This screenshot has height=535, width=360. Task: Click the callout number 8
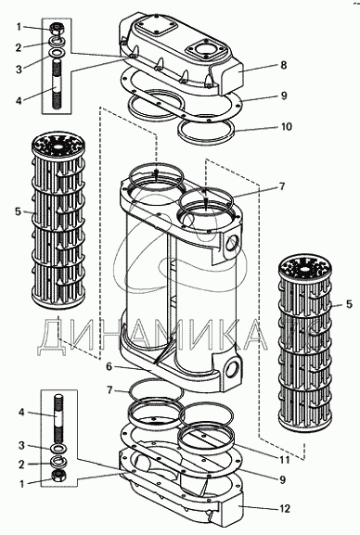click(284, 65)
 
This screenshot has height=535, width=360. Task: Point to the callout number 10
click(286, 127)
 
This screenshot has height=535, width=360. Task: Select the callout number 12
click(284, 508)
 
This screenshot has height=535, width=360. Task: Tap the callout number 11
click(284, 459)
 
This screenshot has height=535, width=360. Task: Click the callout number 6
click(109, 367)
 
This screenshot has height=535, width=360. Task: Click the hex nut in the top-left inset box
click(56, 29)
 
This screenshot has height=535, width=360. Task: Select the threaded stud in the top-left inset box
click(58, 84)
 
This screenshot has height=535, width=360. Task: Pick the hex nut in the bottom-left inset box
click(58, 475)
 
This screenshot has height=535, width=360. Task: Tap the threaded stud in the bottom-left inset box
click(58, 418)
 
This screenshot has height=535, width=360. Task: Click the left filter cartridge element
click(58, 222)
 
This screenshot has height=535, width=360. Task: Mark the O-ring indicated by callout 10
click(206, 131)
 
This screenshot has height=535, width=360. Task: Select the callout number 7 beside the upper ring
click(281, 186)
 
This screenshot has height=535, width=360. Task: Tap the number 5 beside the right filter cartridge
click(348, 304)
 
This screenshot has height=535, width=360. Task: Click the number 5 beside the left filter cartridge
click(18, 211)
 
